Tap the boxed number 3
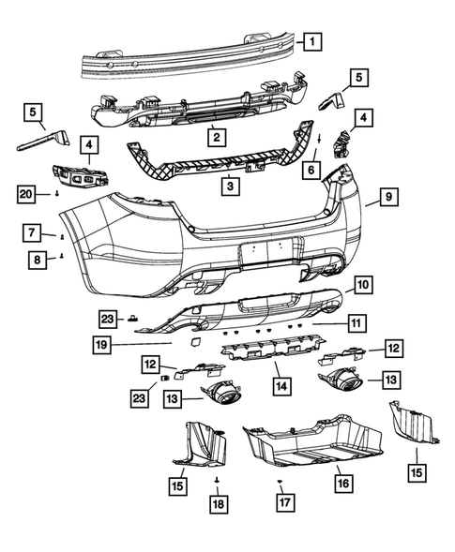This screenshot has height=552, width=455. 228,187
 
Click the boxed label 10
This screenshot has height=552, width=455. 364,282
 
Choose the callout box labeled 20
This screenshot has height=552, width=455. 27,194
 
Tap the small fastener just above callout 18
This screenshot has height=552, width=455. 216,480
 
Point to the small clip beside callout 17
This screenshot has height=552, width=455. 280,481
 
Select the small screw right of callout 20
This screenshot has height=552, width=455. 57,194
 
